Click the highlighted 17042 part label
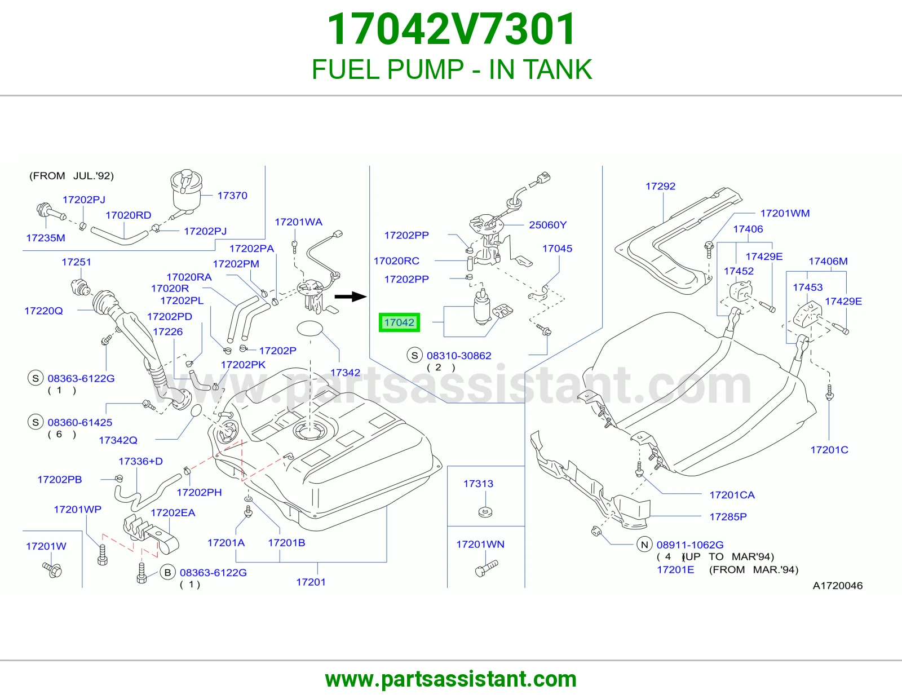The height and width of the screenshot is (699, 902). (x=399, y=322)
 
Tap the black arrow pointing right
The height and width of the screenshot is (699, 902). (x=350, y=297)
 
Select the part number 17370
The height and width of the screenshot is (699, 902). (x=232, y=196)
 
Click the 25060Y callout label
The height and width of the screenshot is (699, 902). (x=547, y=225)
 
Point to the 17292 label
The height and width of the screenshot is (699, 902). (x=660, y=187)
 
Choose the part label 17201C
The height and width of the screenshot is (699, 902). (x=829, y=450)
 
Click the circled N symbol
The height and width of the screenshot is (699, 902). (x=644, y=545)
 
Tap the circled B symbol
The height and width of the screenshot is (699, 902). (x=167, y=573)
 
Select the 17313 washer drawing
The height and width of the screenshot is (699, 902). (x=485, y=512)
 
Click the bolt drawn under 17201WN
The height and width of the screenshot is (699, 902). (x=486, y=568)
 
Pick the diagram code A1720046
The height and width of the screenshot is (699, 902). (x=837, y=586)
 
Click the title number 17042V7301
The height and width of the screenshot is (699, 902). (x=451, y=29)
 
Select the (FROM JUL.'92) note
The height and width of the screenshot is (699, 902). (x=72, y=176)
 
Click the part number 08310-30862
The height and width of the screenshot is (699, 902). (x=459, y=356)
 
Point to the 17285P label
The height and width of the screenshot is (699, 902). (x=728, y=517)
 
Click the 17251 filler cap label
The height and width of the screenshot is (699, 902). (x=76, y=262)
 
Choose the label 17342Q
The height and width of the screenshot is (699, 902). (x=118, y=440)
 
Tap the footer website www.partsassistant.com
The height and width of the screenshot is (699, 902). (x=451, y=679)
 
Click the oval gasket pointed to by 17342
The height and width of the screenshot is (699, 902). (x=309, y=329)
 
